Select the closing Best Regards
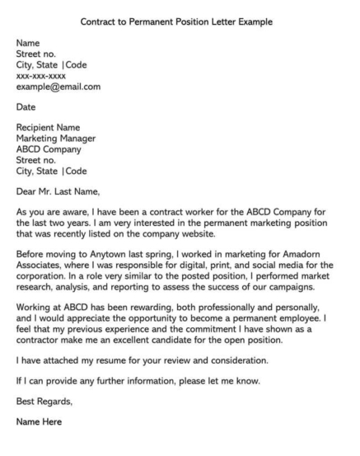46,426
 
